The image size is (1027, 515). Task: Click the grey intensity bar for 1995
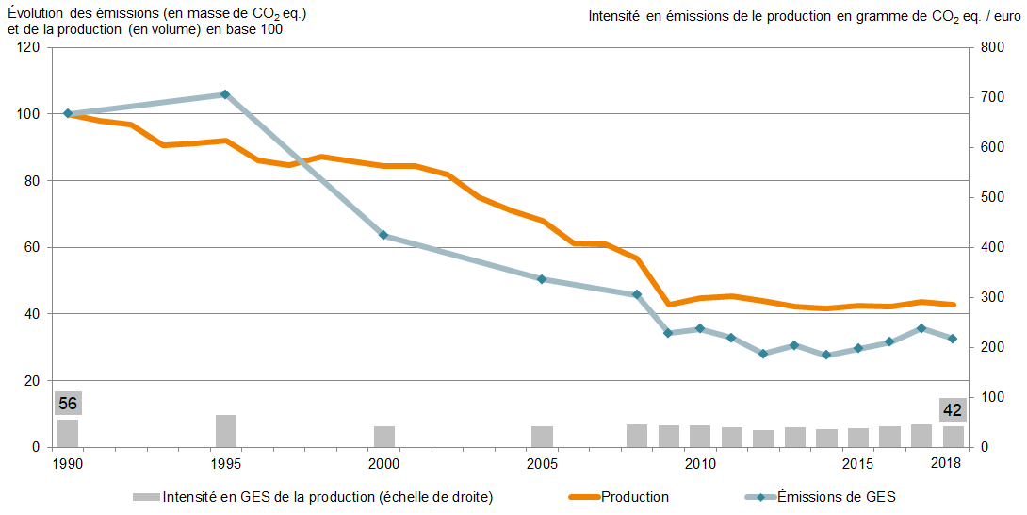coord(226,431)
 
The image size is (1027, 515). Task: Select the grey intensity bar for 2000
coord(384,437)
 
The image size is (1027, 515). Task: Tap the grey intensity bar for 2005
coord(542,437)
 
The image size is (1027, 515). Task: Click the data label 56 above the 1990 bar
coord(68,404)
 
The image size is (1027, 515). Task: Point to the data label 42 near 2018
coord(953,410)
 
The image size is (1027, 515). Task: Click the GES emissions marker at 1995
coord(225,94)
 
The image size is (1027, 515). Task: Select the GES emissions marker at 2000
coord(383,235)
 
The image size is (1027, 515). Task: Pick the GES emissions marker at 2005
coord(542,279)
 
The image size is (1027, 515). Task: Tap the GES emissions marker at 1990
coord(68,113)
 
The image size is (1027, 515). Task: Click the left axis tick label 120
coord(29,47)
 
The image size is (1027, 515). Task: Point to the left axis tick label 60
coord(33,247)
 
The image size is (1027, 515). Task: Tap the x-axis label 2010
coord(700,464)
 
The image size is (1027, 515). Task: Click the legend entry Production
coord(634,497)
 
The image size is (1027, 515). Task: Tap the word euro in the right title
coord(1002,16)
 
